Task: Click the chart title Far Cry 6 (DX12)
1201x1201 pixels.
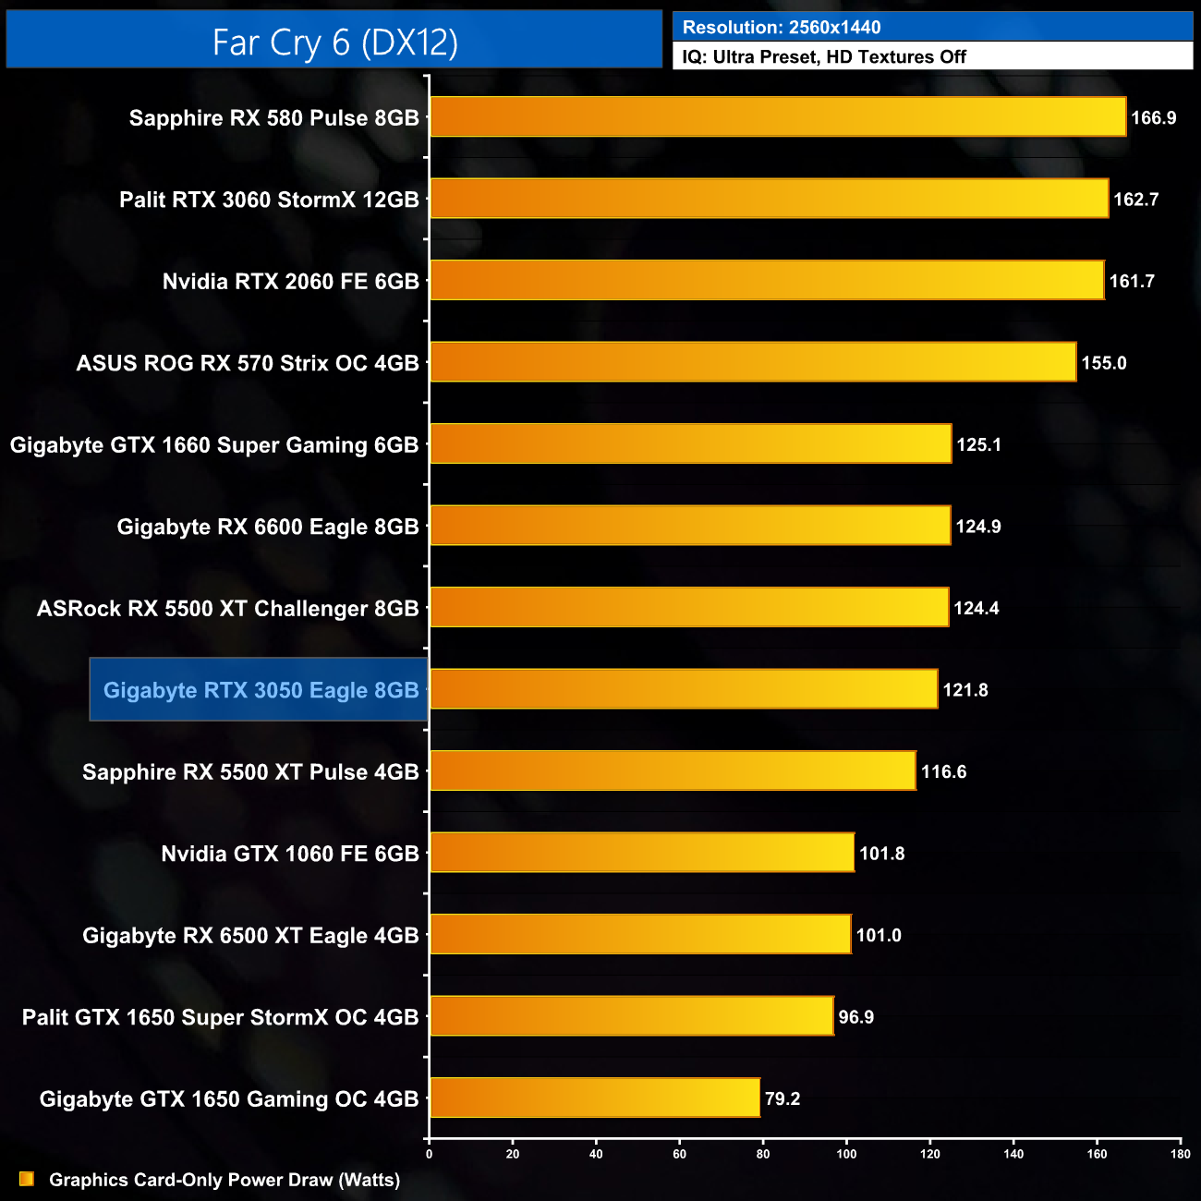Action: coord(334,42)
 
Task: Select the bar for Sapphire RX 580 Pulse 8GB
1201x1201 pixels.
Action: coord(778,117)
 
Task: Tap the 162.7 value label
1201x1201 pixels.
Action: coord(1135,200)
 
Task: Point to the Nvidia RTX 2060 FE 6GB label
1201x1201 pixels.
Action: coord(290,281)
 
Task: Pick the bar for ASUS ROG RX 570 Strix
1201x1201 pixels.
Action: coord(753,362)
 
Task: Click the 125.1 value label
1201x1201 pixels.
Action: coord(978,444)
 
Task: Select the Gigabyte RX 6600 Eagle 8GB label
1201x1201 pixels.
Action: coord(268,527)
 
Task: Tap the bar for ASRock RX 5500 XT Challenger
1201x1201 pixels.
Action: coord(689,608)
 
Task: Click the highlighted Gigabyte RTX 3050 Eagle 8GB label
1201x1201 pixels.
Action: coord(261,690)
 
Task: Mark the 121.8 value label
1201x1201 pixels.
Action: coord(965,690)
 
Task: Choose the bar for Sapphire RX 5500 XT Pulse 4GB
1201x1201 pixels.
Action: coord(673,771)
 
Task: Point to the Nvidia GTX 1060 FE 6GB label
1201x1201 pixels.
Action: coord(290,854)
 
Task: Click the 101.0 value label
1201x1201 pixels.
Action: coord(879,935)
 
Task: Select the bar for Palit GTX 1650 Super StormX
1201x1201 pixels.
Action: coord(632,1016)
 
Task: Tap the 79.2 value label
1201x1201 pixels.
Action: coord(782,1098)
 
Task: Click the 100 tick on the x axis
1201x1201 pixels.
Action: coord(846,1154)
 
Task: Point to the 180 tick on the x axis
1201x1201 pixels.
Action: coord(1180,1154)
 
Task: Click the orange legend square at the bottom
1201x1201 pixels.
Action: coord(27,1179)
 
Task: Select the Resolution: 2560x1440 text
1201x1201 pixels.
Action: coord(782,28)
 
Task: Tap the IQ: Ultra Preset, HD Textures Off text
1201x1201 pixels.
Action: coord(824,57)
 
